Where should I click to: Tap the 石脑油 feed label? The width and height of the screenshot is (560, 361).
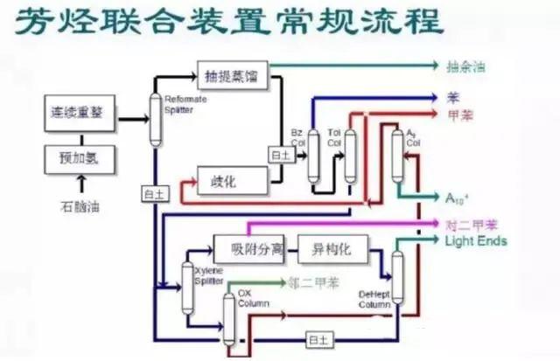pyautogui.click(x=79, y=207)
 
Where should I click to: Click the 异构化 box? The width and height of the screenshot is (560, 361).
pyautogui.click(x=332, y=249)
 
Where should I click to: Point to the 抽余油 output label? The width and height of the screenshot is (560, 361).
pyautogui.click(x=465, y=66)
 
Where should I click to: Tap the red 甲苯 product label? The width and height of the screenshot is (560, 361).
pyautogui.click(x=458, y=114)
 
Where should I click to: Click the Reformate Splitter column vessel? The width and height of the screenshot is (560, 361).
pyautogui.click(x=157, y=117)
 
